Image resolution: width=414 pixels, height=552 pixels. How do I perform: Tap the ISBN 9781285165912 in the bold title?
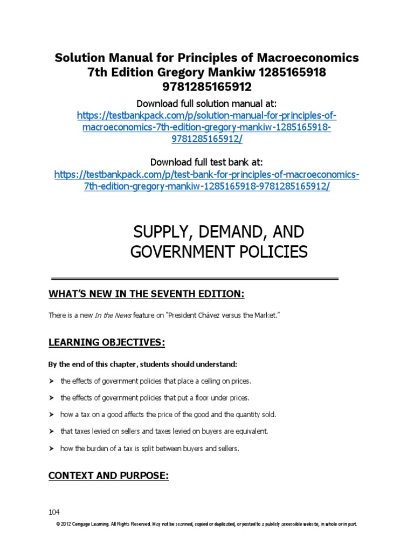pos(206,87)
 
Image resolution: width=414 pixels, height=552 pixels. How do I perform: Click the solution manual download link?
pos(206,128)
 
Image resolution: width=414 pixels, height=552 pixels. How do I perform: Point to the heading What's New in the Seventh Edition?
pos(147,294)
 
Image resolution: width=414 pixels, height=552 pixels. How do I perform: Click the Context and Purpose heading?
pos(108,475)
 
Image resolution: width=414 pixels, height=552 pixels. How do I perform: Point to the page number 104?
pos(54,512)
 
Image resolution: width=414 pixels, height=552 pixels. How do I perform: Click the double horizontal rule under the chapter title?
pos(195,279)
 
